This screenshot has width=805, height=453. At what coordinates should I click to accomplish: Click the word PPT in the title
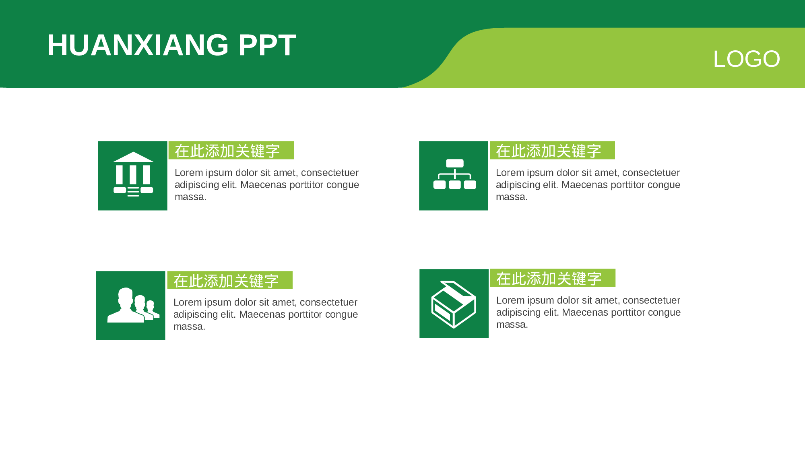coord(267,45)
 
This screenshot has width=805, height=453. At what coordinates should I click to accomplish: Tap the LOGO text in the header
coord(746,59)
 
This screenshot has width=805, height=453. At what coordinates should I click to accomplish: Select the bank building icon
coord(133,176)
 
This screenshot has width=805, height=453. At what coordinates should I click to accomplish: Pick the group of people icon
coord(131,306)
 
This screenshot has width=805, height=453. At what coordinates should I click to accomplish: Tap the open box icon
coord(454,304)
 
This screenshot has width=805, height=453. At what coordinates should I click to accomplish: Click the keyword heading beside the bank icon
coord(227,151)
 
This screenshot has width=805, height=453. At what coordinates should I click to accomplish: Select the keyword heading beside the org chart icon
coord(549,151)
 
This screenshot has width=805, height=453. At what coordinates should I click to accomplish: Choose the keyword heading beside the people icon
coord(226,281)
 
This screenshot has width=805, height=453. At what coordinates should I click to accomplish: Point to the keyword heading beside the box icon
coord(549,278)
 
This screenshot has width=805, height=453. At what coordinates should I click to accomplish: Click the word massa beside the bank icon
coord(190,197)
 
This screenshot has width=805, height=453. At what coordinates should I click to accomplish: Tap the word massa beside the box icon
coord(512,325)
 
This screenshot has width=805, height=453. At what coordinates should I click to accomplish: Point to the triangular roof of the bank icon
coord(133,157)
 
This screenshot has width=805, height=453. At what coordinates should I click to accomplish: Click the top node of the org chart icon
coord(455,163)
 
